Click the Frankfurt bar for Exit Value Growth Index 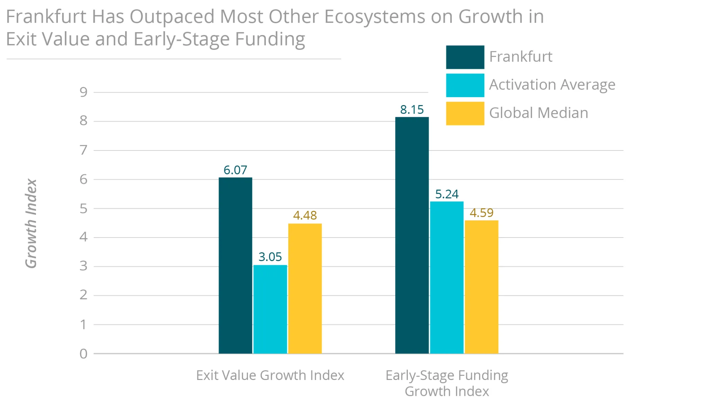point(235,265)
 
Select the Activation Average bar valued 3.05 point(270,309)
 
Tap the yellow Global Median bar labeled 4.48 point(305,288)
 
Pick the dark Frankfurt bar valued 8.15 point(412,235)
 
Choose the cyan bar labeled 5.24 point(447,277)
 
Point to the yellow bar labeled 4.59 point(482,287)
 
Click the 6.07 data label point(235,170)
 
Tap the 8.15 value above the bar point(412,110)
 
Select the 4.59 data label point(482,213)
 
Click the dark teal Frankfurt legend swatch point(465,57)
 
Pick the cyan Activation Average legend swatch point(465,85)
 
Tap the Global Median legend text point(539,113)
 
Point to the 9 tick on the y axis point(83,92)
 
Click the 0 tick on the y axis point(83,354)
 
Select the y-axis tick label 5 point(83,209)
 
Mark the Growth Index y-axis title point(31,224)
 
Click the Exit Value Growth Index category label point(270,375)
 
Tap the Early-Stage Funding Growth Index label point(447,383)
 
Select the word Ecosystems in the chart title point(375,17)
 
